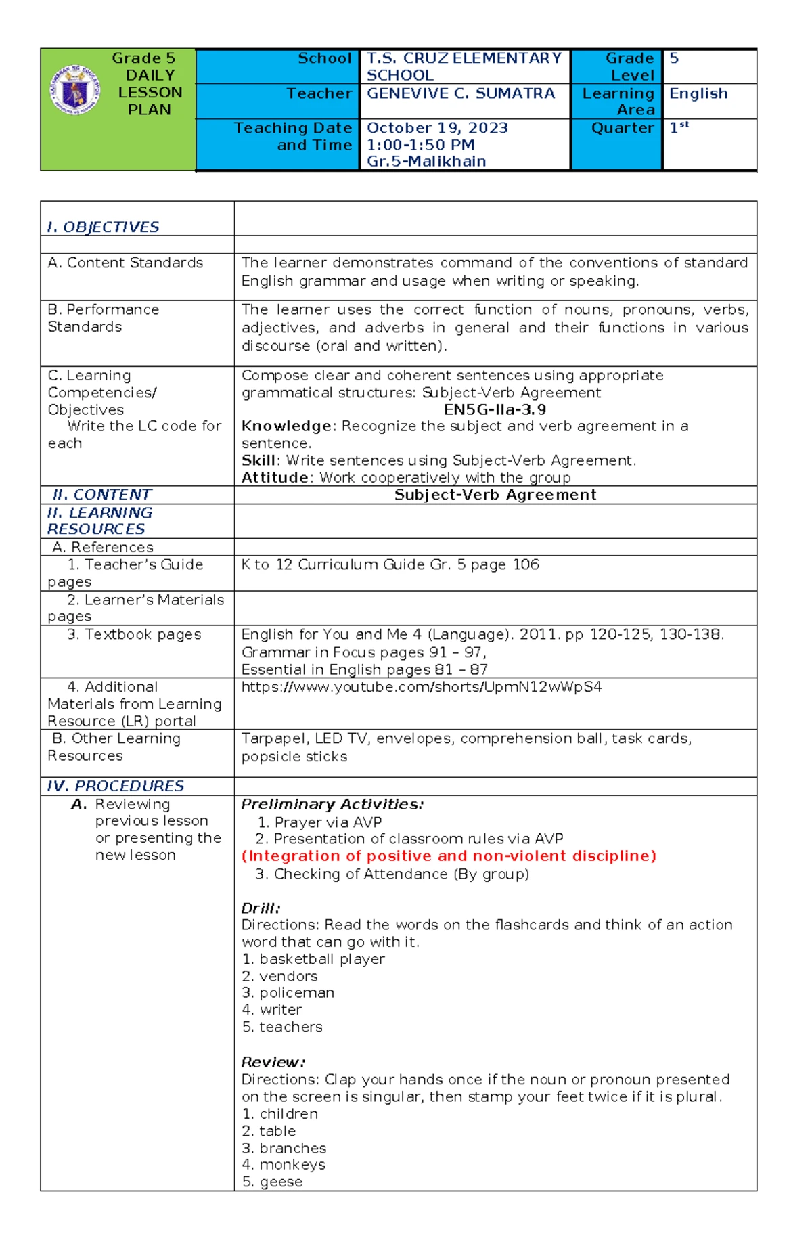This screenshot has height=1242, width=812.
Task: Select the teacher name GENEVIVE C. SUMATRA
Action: [x=461, y=93]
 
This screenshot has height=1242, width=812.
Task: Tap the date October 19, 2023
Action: [x=437, y=128]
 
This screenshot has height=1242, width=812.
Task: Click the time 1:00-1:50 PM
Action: [x=420, y=145]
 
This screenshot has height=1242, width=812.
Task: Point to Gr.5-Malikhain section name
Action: [x=426, y=162]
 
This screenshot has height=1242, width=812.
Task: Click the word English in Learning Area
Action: [x=698, y=93]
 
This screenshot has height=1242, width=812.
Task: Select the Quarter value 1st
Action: [x=678, y=127]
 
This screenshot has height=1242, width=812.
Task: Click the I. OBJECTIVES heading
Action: [x=103, y=227]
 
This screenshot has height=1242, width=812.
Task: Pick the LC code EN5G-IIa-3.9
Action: [x=495, y=409]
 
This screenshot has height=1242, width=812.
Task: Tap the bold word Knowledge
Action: [x=286, y=426]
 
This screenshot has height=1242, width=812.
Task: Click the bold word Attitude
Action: [x=275, y=478]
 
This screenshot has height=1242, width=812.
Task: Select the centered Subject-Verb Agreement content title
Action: [x=495, y=495]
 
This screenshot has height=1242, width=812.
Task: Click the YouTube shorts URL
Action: [x=422, y=687]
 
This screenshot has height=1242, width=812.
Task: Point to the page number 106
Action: [x=525, y=564]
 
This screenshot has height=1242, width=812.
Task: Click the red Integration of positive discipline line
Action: [x=449, y=856]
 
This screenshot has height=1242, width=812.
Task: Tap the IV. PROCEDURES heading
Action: [x=115, y=786]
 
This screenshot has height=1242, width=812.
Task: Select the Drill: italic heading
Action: [x=261, y=908]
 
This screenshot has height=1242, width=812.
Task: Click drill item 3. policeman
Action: [x=288, y=993]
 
